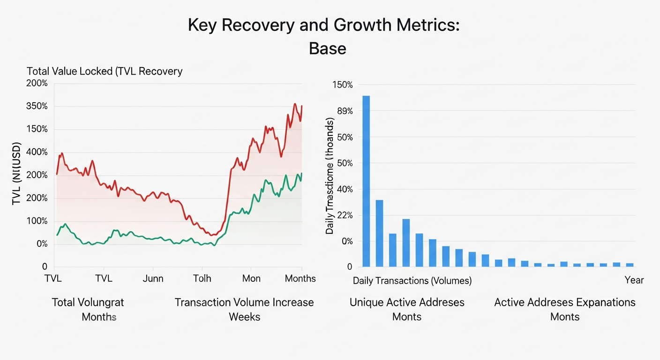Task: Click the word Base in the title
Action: pos(327,48)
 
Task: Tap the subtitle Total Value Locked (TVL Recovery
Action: pos(105,71)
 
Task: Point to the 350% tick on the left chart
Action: pos(37,106)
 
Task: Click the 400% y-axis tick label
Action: pos(37,152)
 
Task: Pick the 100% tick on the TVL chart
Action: pos(37,221)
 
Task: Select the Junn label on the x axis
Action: pos(153,278)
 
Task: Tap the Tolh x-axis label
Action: pos(202,278)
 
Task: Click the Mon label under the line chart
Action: pos(251,278)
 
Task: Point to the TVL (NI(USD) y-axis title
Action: pos(17,173)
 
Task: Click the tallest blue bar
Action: pos(366,181)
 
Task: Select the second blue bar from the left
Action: pos(380,233)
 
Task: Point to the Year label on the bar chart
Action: pos(634,280)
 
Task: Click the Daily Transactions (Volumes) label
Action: pos(412,281)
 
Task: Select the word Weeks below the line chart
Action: pos(244,317)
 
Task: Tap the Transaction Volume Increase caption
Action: pos(244,302)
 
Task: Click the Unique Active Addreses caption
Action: pos(407,302)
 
